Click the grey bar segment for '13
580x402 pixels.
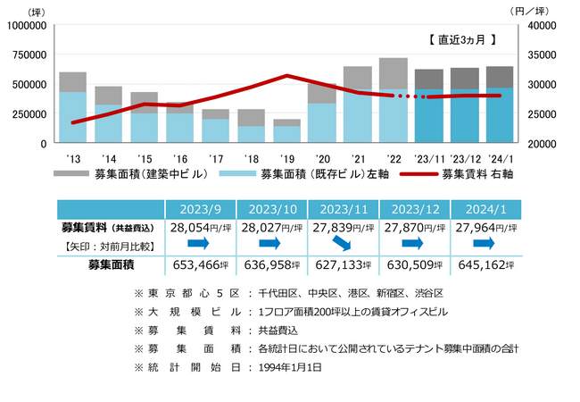(x=72, y=82)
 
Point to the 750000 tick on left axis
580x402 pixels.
(x=27, y=54)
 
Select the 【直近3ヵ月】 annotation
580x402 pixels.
(x=461, y=40)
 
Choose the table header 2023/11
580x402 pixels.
(x=344, y=209)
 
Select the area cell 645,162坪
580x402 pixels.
(x=488, y=264)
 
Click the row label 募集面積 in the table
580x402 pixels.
(x=111, y=264)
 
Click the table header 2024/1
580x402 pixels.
(x=488, y=209)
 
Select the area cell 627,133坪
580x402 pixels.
(x=344, y=264)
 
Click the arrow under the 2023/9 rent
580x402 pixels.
(x=198, y=244)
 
